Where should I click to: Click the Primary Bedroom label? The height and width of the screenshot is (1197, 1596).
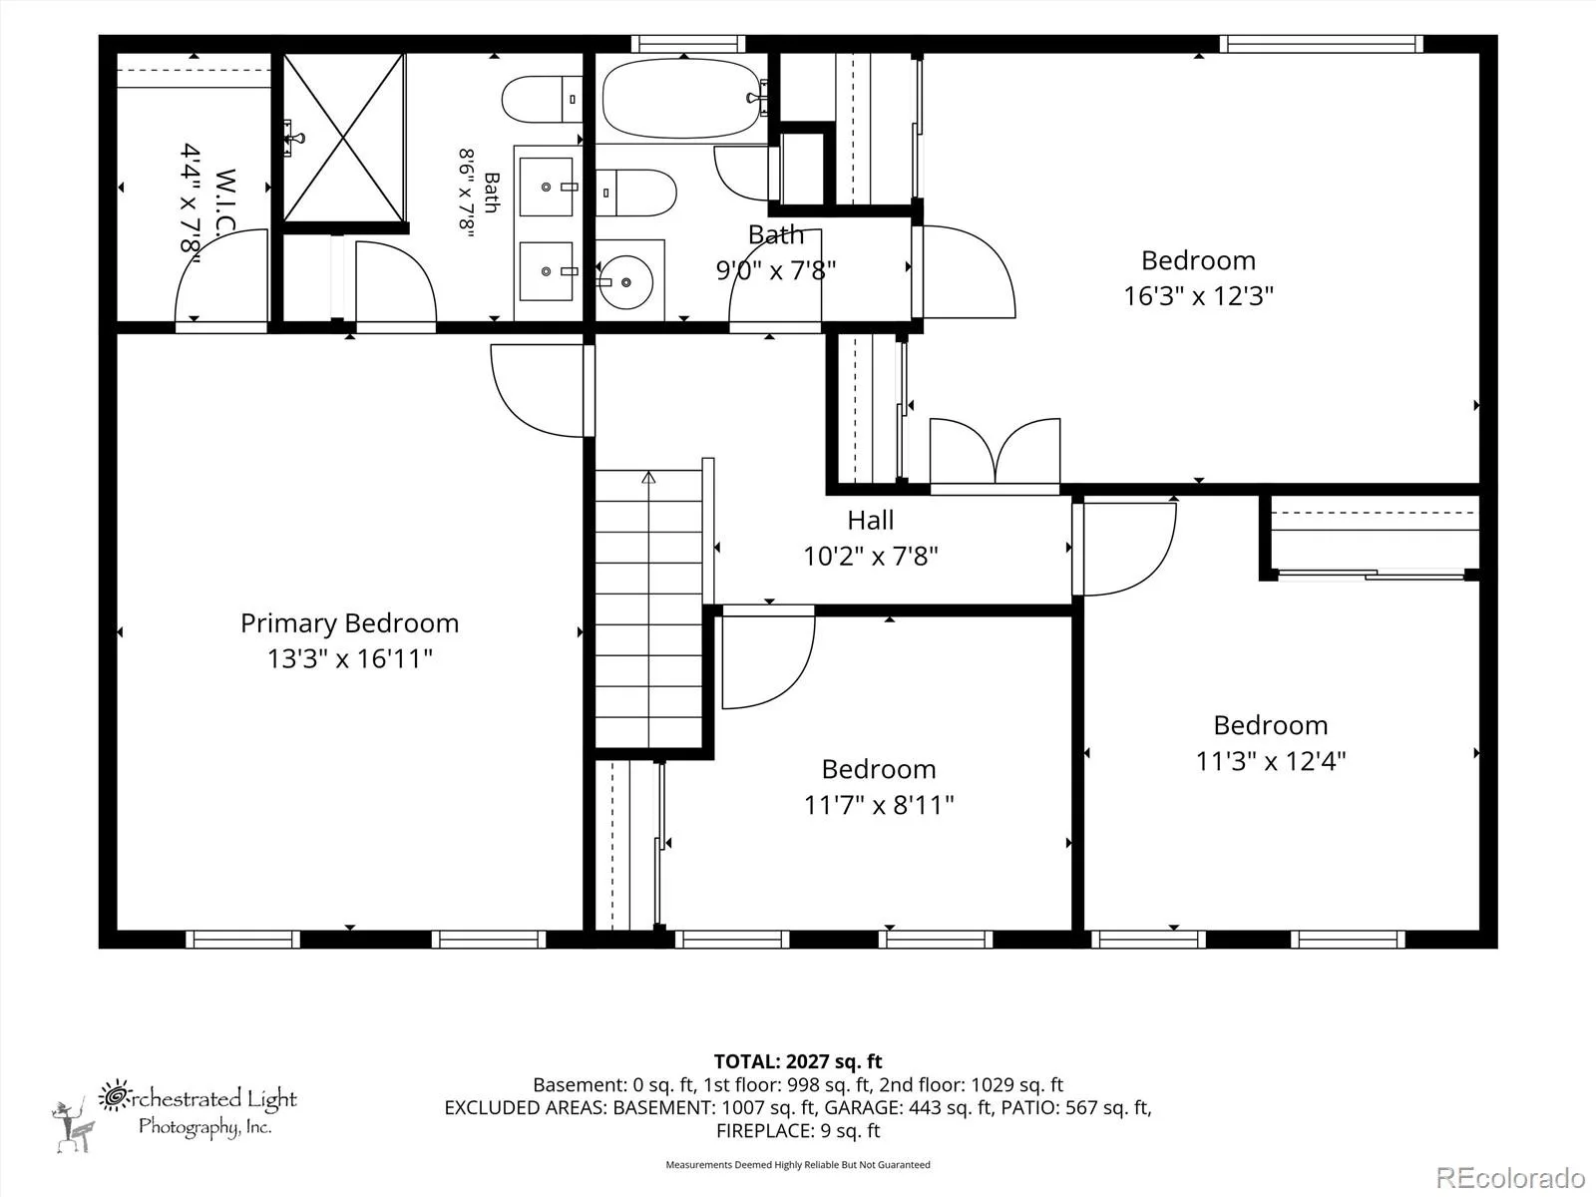350,623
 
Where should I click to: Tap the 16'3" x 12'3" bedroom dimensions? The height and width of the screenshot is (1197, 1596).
1198,296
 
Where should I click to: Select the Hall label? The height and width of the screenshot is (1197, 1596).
871,521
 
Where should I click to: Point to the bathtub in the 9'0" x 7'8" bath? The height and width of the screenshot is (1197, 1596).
681,99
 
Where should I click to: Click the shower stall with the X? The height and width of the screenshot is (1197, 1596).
343,138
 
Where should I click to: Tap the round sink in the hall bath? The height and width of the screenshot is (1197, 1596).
626,282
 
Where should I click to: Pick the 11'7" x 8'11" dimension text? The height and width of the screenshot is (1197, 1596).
879,805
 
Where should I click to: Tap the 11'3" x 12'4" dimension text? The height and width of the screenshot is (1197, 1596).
1271,762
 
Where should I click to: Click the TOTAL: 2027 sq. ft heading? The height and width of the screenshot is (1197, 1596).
798,1061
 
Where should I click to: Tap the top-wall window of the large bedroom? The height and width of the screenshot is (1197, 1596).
1321,44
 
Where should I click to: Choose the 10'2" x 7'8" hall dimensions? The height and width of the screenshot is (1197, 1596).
871,557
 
